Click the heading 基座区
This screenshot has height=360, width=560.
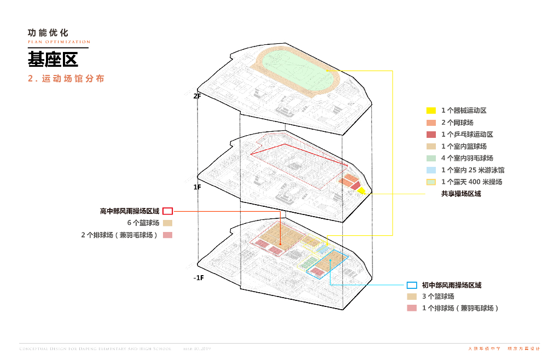point(54,59)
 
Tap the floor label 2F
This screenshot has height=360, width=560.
point(197,96)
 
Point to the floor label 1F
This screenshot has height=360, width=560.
point(197,187)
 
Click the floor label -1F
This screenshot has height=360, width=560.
point(198,278)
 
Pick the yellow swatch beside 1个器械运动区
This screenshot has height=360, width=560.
point(431,111)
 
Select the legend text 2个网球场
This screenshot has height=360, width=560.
point(457,123)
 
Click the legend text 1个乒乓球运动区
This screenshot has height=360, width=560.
point(467,135)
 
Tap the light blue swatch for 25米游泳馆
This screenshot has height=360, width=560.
point(431,170)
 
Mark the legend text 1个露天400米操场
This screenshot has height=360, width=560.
point(471,182)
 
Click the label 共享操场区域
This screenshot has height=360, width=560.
point(461,194)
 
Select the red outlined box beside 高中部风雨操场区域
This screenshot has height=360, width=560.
point(168,211)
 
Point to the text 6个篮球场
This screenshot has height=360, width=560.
point(143,223)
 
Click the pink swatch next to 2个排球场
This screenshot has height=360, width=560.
point(168,235)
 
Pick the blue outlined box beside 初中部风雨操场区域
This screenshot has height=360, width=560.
point(412,285)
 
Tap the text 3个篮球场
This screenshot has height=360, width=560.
point(437,297)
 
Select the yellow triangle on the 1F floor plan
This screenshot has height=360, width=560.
point(361,190)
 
